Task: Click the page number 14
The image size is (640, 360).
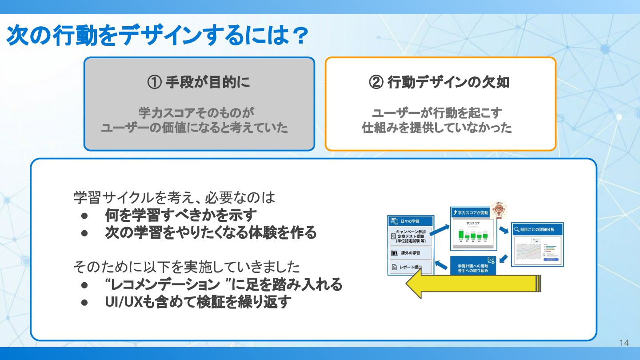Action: tap(624, 343)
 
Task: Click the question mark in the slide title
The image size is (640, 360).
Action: tap(296, 36)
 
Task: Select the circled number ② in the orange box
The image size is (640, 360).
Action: tap(376, 83)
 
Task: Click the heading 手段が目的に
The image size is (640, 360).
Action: tap(208, 83)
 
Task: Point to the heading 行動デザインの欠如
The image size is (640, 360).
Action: tap(448, 83)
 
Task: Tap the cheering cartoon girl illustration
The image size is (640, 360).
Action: tap(498, 210)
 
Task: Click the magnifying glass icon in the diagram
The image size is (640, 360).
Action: tap(517, 229)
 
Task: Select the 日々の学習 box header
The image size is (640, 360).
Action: tap(410, 221)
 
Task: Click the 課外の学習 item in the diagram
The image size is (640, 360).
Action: tap(410, 253)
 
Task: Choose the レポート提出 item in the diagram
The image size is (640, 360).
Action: tap(410, 268)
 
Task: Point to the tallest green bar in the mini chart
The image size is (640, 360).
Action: tap(461, 233)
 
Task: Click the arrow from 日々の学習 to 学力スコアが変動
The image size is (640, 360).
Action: tap(440, 229)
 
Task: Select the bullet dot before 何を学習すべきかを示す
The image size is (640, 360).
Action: tap(84, 216)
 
